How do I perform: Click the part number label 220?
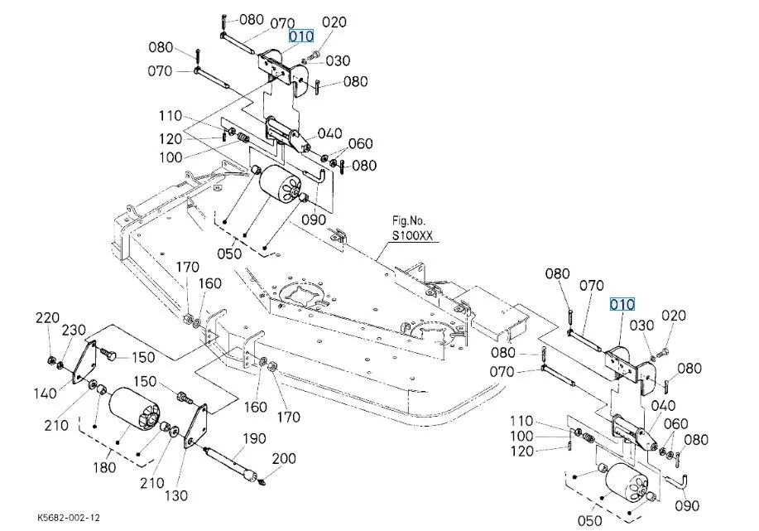click(48, 318)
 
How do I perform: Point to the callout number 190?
click(253, 438)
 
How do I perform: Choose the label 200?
click(284, 459)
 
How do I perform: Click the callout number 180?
click(104, 468)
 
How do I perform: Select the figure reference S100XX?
click(413, 236)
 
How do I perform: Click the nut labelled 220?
click(53, 360)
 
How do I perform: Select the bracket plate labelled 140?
click(86, 362)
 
